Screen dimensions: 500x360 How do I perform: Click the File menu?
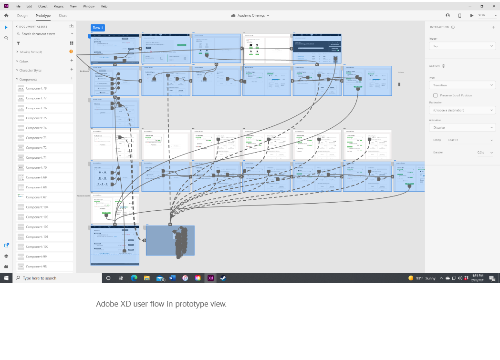18,6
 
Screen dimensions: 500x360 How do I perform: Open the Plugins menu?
59,6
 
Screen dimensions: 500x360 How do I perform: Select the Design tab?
22,15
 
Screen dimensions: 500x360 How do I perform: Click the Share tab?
63,15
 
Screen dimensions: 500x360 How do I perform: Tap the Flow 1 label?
97,28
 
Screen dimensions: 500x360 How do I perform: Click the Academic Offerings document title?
251,15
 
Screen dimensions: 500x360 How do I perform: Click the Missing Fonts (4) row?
31,51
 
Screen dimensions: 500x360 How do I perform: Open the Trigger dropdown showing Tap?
462,46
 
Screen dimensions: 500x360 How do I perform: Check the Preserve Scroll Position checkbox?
435,95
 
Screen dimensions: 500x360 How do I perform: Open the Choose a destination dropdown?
462,110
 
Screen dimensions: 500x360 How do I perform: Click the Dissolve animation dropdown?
462,128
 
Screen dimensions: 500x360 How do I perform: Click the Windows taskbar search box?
57,278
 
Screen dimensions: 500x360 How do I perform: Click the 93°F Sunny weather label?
425,278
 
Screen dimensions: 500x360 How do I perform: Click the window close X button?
494,6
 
